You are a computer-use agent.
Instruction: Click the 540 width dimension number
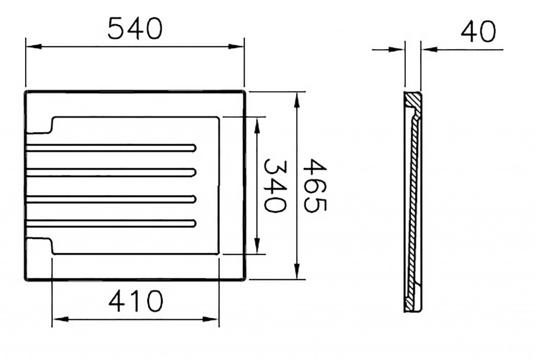tap(135, 28)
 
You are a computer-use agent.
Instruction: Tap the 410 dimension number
tap(136, 301)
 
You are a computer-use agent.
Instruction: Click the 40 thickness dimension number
tap(478, 31)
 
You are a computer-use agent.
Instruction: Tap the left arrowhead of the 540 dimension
tap(34, 46)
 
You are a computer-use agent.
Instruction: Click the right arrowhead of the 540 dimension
tap(236, 46)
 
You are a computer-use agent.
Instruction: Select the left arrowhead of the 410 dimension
tap(61, 319)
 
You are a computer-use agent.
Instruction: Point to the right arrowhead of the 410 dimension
tap(210, 319)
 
